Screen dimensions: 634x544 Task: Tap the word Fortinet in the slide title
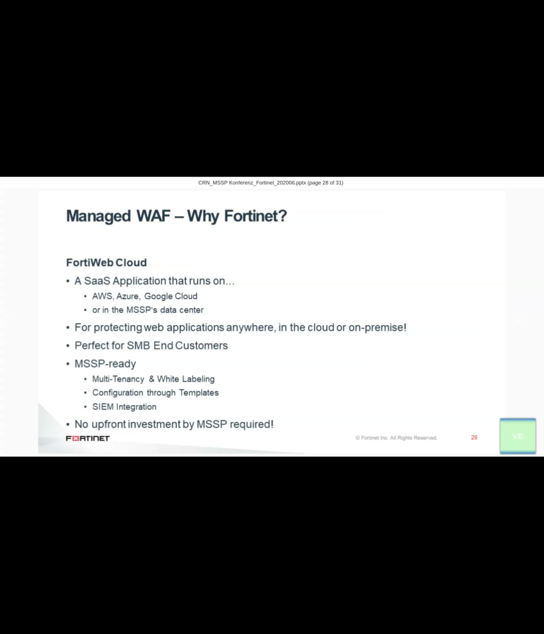tap(256, 216)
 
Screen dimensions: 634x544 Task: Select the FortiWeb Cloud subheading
tap(106, 262)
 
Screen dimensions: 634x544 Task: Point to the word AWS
tap(102, 296)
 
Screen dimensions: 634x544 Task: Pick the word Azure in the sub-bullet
tap(128, 296)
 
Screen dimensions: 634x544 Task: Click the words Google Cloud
tap(171, 296)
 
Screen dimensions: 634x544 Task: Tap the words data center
tap(182, 310)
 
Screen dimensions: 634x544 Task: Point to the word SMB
tap(138, 345)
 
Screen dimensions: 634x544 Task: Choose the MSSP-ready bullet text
tap(105, 364)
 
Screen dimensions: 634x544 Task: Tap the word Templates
tap(199, 393)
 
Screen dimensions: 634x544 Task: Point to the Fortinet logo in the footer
tap(87, 439)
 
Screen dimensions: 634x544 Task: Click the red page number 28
tap(474, 437)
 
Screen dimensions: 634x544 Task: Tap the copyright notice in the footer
tap(396, 438)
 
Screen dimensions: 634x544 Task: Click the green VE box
tap(518, 436)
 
